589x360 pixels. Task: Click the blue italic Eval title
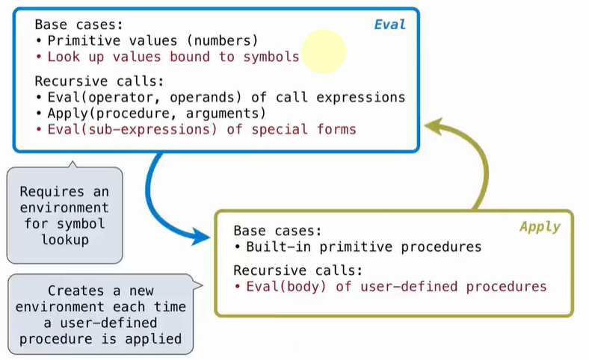389,25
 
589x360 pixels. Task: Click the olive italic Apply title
540,226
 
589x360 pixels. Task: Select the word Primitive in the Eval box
78,40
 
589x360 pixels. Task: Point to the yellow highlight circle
323,52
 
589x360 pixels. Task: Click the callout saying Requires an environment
64,215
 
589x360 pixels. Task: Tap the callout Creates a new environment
100,314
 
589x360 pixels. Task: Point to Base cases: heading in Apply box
277,231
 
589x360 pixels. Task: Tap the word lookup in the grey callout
64,240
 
